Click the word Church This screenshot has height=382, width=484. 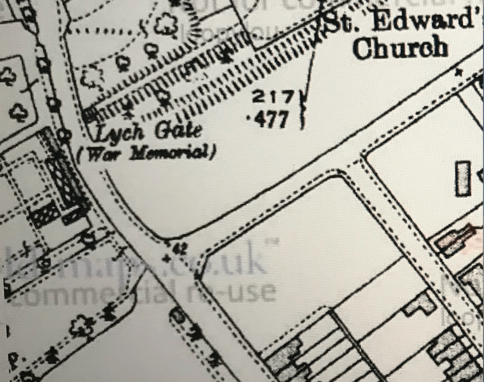400,48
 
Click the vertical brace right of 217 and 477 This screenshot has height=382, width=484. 303,109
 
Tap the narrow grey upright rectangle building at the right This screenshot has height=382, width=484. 463,178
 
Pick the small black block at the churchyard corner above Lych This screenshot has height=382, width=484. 89,114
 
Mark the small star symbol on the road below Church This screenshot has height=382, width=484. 458,71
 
